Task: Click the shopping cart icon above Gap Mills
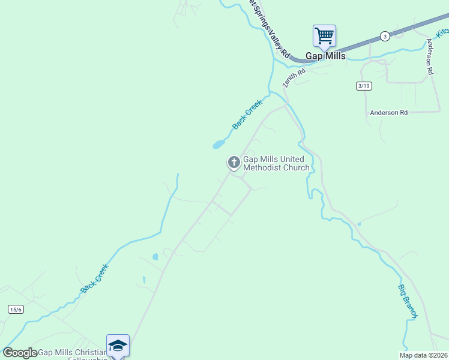click(x=324, y=35)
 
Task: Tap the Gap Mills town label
click(x=326, y=56)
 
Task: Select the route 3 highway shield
click(x=385, y=36)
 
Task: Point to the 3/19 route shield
click(x=364, y=86)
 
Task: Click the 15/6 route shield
click(x=16, y=309)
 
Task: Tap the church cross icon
click(x=234, y=162)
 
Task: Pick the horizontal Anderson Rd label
click(x=388, y=112)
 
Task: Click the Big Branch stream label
click(x=408, y=301)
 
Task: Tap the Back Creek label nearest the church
click(x=247, y=114)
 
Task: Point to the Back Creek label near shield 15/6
click(x=95, y=278)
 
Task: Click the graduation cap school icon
click(x=118, y=345)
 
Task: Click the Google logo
click(x=20, y=353)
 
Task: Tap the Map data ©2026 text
click(x=423, y=355)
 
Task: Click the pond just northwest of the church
click(x=218, y=144)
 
